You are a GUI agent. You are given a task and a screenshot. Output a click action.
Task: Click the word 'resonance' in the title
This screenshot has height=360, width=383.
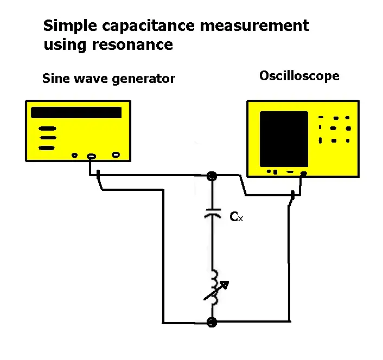(x=138, y=44)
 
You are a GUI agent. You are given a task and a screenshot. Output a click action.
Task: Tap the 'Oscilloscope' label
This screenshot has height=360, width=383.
(x=299, y=76)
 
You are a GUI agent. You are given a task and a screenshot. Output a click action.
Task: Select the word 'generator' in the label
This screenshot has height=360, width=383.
(x=144, y=79)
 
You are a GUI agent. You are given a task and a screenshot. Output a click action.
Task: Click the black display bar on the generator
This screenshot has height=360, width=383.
(x=76, y=113)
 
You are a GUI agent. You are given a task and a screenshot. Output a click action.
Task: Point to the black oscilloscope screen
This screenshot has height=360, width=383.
(x=284, y=139)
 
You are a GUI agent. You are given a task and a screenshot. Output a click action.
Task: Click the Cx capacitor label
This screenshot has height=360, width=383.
(x=236, y=217)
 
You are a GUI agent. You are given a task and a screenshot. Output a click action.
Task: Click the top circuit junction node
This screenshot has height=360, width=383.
(x=212, y=176)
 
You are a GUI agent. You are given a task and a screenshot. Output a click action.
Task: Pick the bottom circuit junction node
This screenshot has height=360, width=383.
(x=212, y=322)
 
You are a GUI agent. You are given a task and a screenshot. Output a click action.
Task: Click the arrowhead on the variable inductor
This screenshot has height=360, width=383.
(x=225, y=284)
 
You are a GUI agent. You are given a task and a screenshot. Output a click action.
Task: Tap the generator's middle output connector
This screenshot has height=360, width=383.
(x=91, y=156)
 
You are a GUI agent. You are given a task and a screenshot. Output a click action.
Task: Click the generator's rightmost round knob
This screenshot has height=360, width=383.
(x=116, y=155)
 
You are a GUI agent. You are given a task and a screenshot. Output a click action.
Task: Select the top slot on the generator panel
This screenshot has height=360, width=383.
(x=47, y=129)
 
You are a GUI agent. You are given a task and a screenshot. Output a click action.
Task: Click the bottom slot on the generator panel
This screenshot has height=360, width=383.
(x=47, y=147)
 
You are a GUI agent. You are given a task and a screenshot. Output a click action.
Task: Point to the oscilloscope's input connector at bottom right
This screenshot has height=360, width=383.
(x=304, y=173)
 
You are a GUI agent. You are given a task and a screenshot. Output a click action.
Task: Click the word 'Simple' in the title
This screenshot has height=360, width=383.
(x=66, y=25)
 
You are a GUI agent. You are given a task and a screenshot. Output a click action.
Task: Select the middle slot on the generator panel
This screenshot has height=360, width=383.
(x=47, y=138)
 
